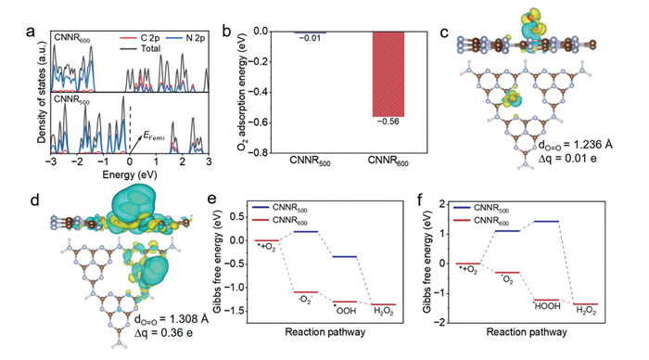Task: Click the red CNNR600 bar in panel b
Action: point(388,74)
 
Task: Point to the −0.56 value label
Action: point(388,122)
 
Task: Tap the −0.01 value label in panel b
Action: point(310,38)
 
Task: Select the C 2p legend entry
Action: point(139,38)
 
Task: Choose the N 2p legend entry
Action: point(185,38)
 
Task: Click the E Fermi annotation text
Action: point(154,135)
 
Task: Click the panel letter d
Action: point(35,200)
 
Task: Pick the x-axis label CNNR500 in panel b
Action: point(310,161)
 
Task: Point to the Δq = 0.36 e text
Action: point(163,333)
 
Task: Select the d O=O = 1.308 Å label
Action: point(171,320)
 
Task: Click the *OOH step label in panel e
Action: point(344,310)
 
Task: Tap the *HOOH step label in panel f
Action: point(546,306)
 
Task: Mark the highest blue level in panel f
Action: point(546,221)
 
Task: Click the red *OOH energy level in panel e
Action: point(344,302)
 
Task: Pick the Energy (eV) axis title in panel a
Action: point(130,174)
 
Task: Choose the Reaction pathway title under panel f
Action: point(527,332)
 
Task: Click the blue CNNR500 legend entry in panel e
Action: point(280,209)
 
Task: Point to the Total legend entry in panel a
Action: point(140,49)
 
